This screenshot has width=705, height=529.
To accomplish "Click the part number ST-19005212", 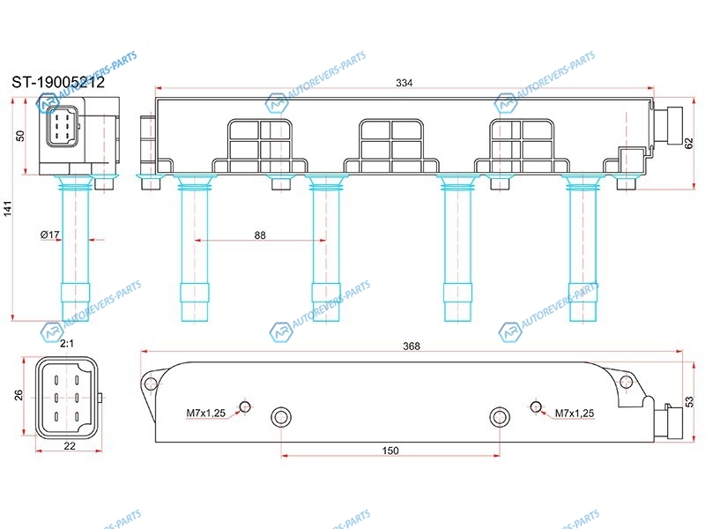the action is pos(58,82).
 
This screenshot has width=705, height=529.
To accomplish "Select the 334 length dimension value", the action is pos(404,83).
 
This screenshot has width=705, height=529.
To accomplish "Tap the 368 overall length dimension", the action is pos(412,346).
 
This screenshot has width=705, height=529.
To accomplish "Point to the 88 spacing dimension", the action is pos(260,235).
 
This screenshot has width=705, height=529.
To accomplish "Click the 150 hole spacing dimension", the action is pos(390,451).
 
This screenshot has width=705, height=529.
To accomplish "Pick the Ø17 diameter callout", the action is pos(50,235).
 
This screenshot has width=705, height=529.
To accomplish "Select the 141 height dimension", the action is pos(8,209).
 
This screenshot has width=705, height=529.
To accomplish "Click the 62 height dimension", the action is pos(689,144).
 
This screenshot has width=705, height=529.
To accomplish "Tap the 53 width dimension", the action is pos(689,402).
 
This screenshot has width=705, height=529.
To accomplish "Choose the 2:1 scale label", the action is pos(67,344).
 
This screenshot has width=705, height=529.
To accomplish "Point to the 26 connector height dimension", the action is pos(19,395).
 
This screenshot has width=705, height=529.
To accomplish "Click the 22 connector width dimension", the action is pos(70,446).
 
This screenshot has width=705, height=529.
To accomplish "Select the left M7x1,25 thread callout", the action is pos(206,413).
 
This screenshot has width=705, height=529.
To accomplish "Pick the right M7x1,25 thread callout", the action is pos(575,413).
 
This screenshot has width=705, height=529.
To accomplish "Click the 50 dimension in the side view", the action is pos(20,136).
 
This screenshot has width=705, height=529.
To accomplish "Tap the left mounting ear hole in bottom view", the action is pos(150,384).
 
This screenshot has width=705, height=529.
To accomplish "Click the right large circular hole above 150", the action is pos(499,417).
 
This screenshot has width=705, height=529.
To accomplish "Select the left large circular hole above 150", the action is pos(281,417).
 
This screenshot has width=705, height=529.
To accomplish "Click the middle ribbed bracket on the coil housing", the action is pos(391,146).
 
